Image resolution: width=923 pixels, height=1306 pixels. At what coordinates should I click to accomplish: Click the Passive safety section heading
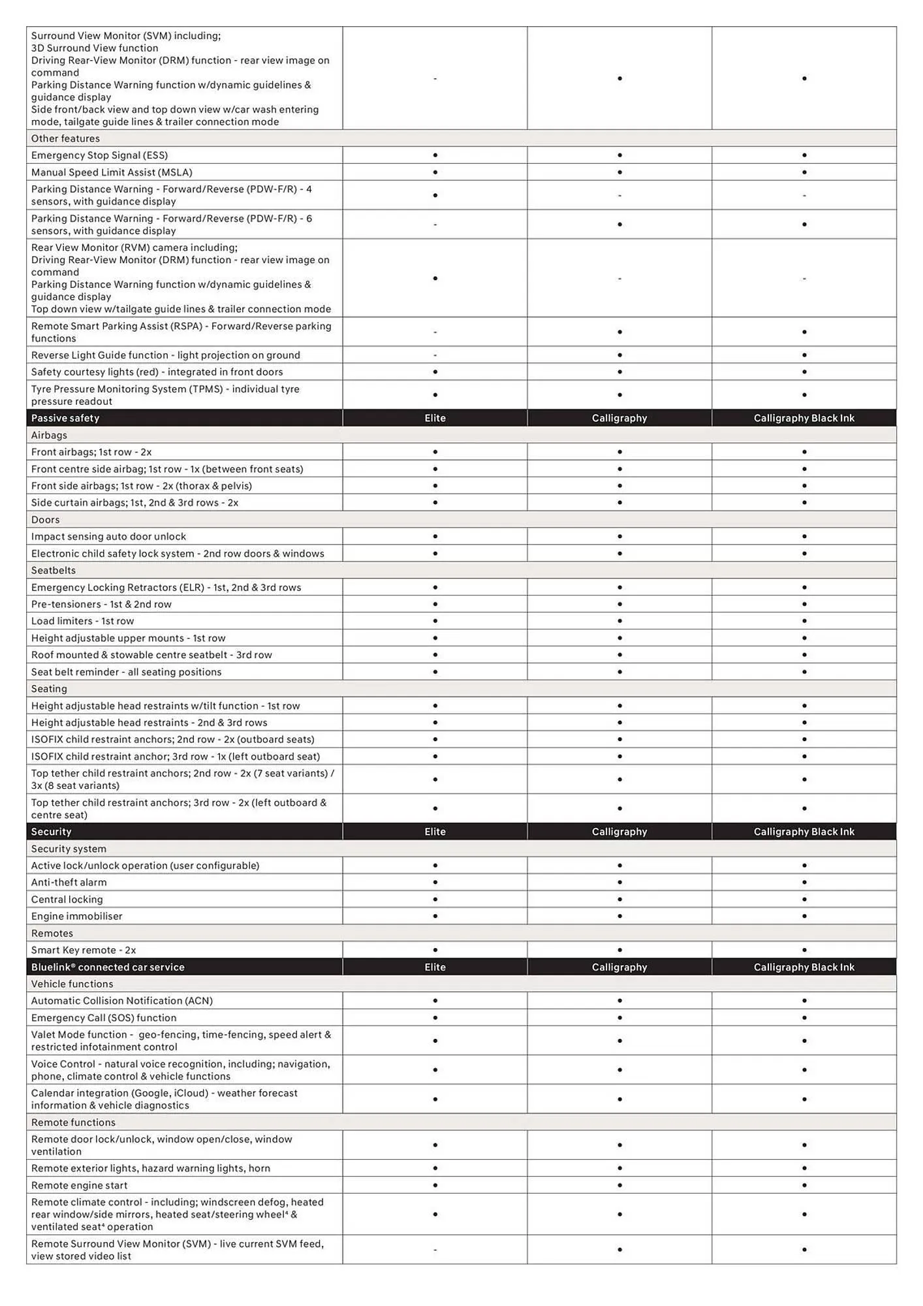[65, 418]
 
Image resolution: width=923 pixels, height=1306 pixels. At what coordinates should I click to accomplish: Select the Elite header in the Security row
[435, 831]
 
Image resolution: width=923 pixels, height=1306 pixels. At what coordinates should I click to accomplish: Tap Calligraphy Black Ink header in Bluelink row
[804, 967]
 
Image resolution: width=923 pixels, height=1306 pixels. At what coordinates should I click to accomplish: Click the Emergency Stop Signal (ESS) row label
[99, 155]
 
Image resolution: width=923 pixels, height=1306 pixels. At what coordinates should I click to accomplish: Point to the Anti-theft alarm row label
[69, 882]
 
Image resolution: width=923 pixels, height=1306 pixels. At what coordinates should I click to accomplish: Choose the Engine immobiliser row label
[76, 916]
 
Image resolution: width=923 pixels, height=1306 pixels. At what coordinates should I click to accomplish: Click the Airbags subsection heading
[49, 435]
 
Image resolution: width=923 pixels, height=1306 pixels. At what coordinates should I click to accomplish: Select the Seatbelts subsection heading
[54, 570]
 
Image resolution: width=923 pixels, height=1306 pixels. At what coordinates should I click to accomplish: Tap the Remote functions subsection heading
[73, 1122]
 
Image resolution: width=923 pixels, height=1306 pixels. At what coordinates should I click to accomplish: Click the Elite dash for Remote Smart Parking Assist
[435, 332]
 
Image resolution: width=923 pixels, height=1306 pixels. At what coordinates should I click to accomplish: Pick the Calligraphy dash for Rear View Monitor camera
[619, 279]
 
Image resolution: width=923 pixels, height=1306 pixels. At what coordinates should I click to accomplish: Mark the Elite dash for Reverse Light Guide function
[435, 355]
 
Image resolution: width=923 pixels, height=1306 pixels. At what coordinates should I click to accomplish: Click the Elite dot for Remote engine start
[435, 1185]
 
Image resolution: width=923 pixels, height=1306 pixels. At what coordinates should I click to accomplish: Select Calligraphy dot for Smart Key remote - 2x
[619, 950]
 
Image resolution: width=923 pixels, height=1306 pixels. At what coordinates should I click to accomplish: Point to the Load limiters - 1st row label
[82, 621]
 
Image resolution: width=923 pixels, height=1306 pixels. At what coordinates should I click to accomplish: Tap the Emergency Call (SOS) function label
[104, 1017]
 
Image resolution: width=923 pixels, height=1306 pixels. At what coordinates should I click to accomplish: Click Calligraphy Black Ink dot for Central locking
[804, 899]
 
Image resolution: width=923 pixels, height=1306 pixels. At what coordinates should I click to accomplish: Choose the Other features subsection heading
[65, 138]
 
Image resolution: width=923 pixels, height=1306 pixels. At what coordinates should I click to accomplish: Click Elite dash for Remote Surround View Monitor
[435, 1250]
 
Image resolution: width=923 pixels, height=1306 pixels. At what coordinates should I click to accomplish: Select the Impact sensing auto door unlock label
[108, 536]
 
